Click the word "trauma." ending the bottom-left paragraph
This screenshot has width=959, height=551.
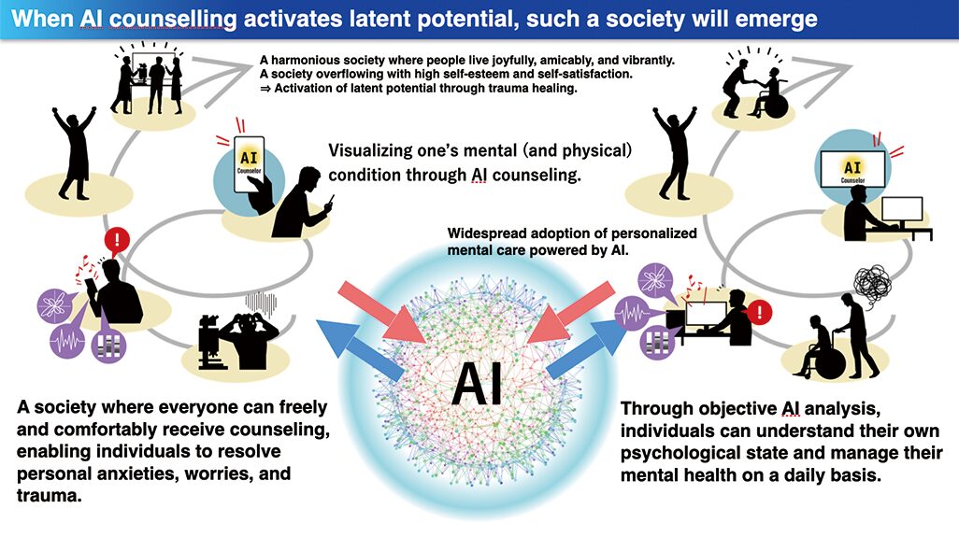(x=50, y=496)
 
